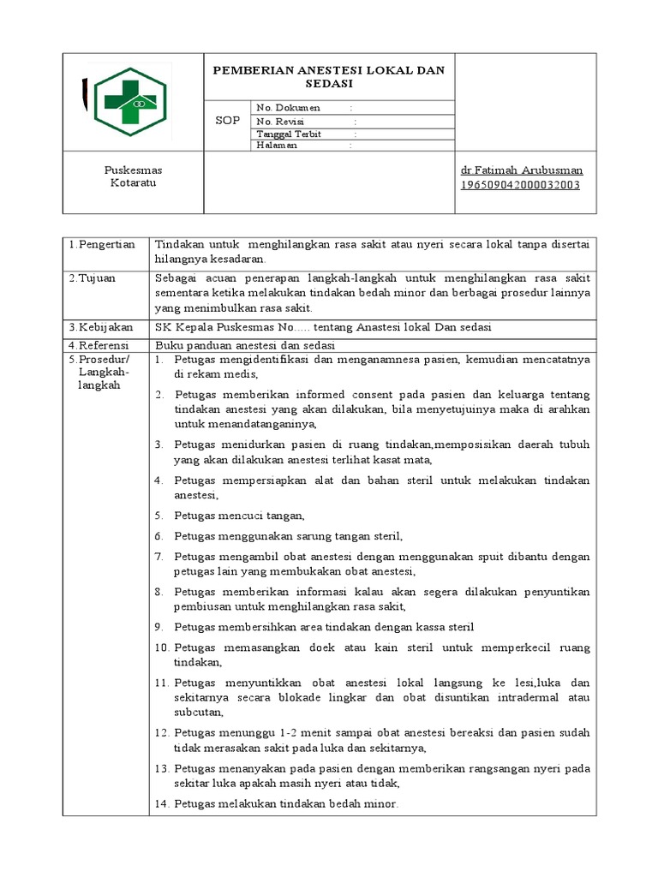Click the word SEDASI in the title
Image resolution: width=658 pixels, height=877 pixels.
coord(329,84)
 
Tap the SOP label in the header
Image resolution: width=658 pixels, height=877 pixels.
coord(227,121)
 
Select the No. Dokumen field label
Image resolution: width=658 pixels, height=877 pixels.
coord(289,108)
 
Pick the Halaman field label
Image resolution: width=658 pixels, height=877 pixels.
coord(277,146)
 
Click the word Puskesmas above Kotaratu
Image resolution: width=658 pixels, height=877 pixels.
coord(133,170)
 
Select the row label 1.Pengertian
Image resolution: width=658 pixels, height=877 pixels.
coord(103,245)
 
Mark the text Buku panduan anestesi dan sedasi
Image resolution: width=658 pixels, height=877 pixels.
coord(244,344)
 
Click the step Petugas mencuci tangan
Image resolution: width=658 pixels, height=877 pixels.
coord(239,516)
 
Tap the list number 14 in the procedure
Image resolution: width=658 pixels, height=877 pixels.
coord(162,803)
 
